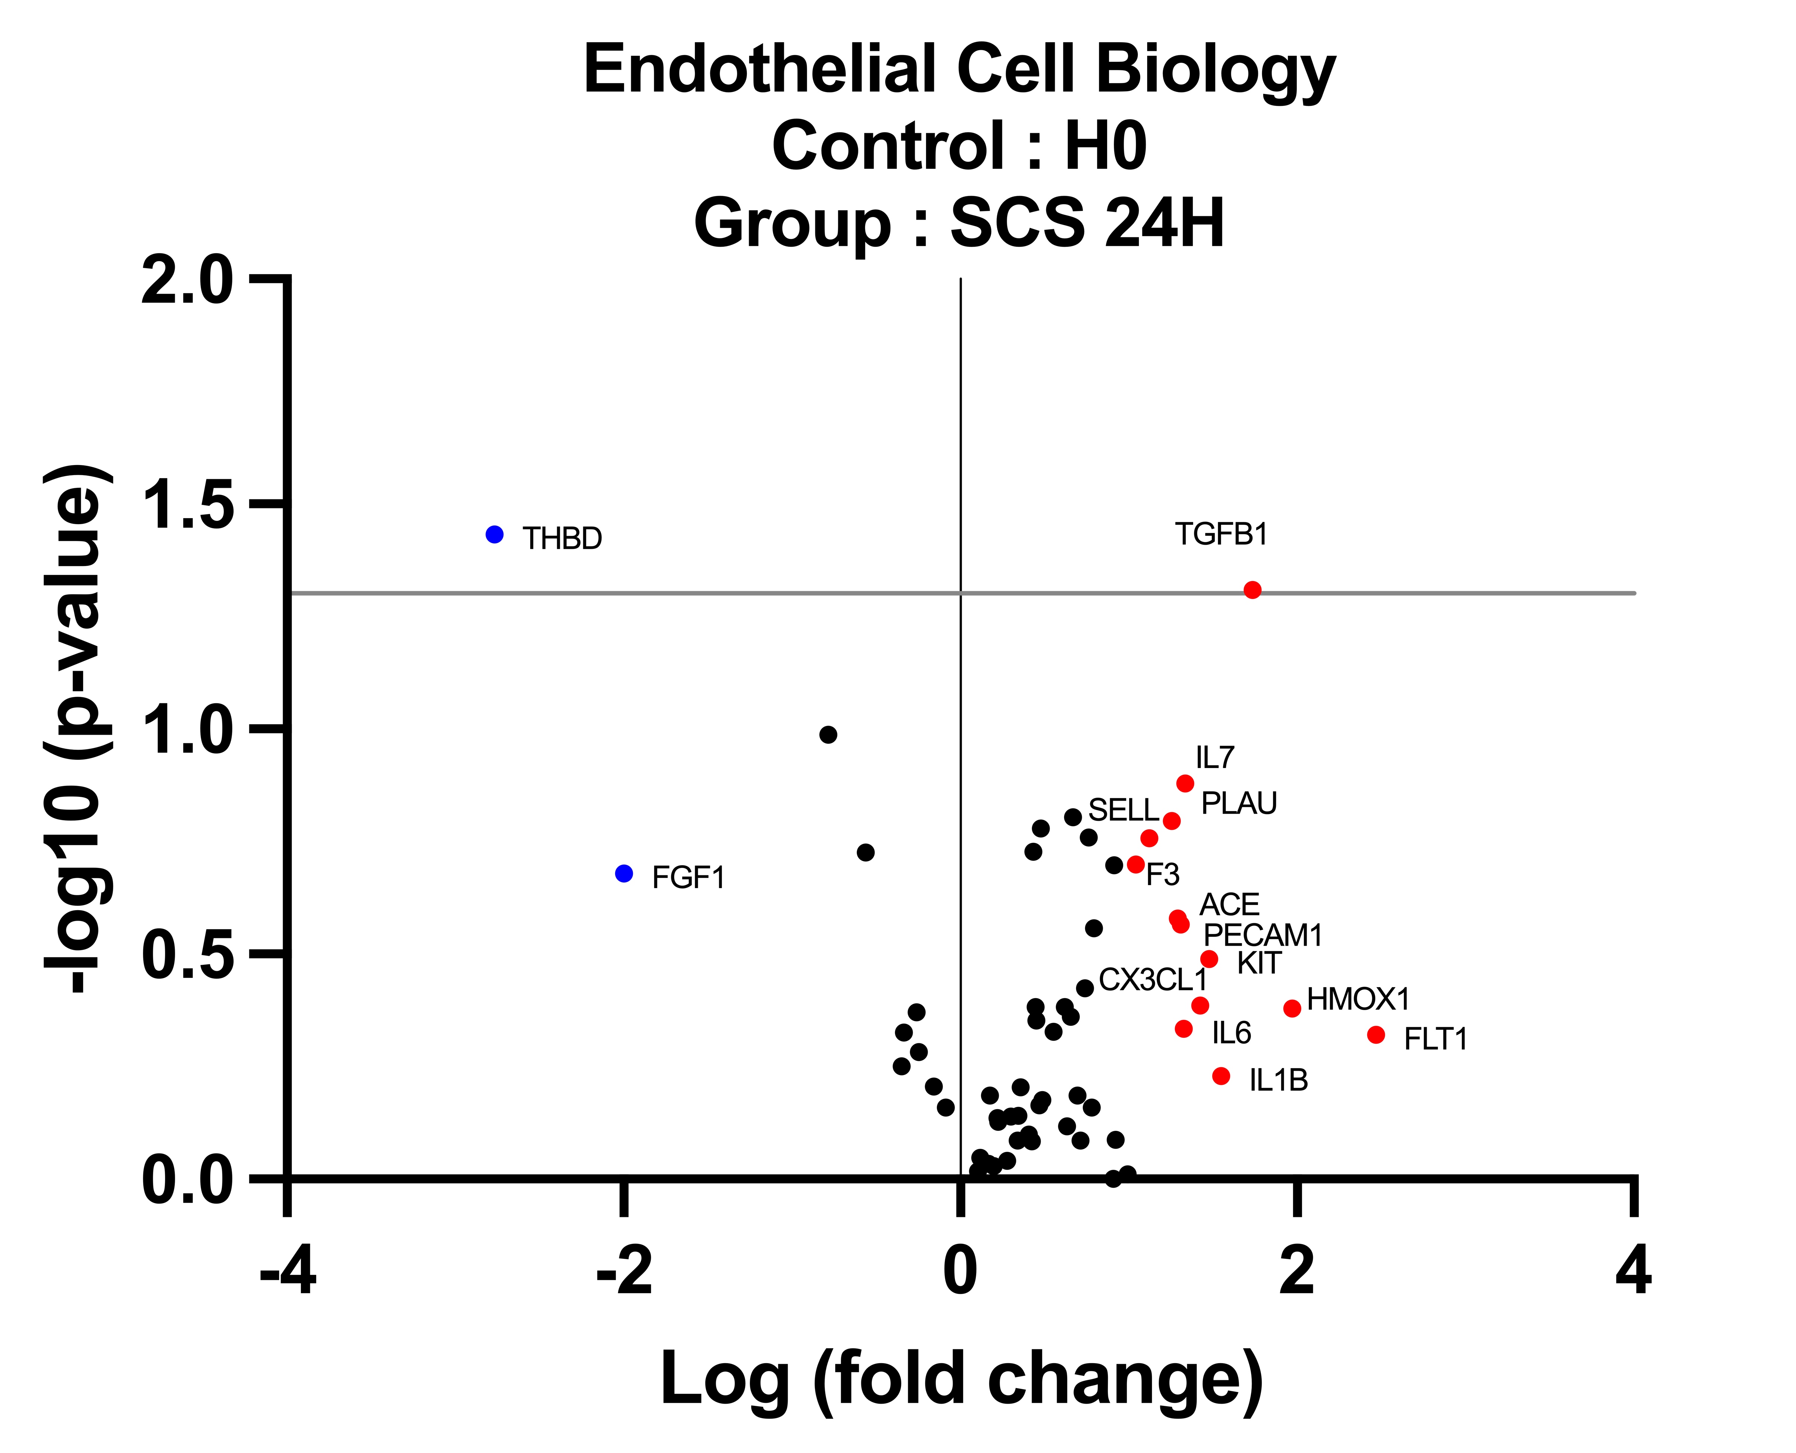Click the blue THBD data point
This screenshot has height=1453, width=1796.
point(495,534)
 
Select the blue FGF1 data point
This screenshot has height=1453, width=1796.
point(623,873)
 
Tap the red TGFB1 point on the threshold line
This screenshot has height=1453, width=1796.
point(1252,590)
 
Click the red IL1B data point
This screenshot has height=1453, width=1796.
point(1221,1076)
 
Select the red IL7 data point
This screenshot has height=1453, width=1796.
point(1185,783)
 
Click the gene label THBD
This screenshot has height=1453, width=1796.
point(562,538)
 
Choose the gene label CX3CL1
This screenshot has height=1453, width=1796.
point(1152,979)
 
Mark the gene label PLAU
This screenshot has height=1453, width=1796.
point(1238,804)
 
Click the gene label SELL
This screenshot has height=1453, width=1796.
point(1123,810)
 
